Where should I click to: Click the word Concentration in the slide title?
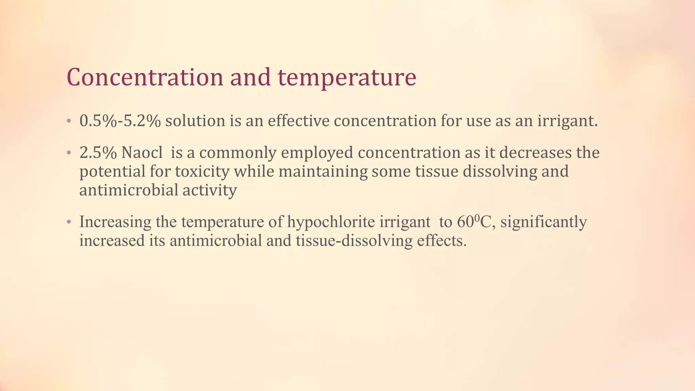coord(145,77)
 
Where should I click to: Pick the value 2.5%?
coord(98,153)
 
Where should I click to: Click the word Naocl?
coord(142,153)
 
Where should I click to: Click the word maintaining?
coord(323,171)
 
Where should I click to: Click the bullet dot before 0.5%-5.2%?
coord(69,121)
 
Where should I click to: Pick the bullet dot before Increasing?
coord(69,222)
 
